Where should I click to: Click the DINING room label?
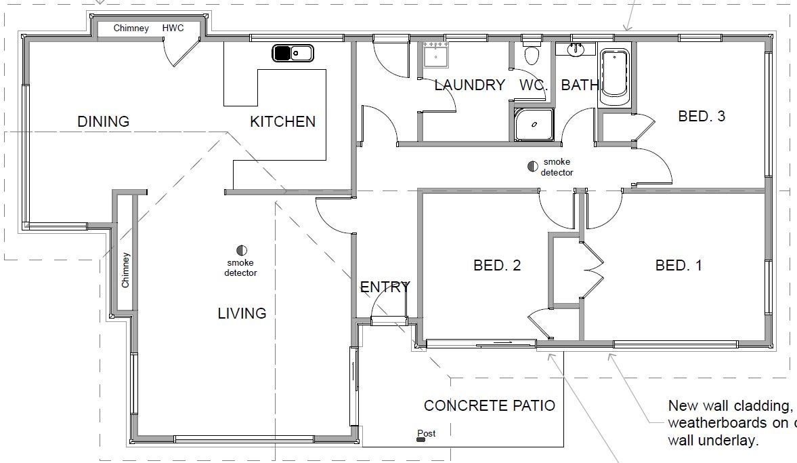click(x=103, y=121)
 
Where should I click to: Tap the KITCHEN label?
click(x=282, y=121)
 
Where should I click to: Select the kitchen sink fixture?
click(x=293, y=53)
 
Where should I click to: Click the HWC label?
click(x=173, y=28)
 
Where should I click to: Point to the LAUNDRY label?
click(x=470, y=85)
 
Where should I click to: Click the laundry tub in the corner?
click(x=435, y=55)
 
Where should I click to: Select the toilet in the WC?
click(x=532, y=53)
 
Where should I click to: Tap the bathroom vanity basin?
click(x=576, y=49)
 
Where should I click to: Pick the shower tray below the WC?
click(x=534, y=124)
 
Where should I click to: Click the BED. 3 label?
click(x=702, y=117)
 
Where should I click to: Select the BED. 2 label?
click(x=497, y=265)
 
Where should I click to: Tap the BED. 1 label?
click(x=678, y=265)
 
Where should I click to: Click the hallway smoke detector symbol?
click(x=533, y=166)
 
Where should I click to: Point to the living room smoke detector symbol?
click(x=242, y=250)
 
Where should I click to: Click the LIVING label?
click(x=242, y=313)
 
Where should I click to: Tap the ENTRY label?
click(x=385, y=287)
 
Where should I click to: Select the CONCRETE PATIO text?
click(x=490, y=405)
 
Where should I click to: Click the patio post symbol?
click(x=421, y=439)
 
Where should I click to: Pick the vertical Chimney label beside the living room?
click(x=125, y=270)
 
